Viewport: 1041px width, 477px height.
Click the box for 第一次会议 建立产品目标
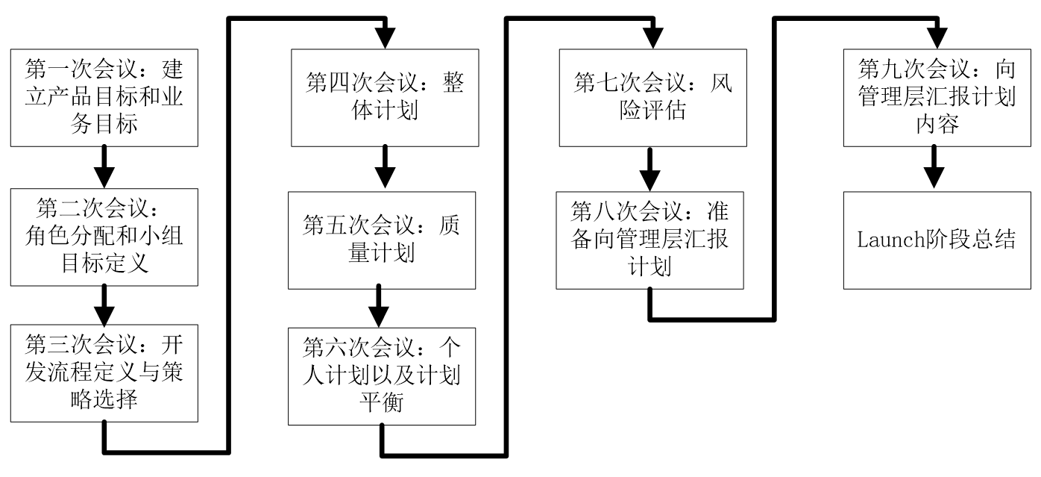(x=104, y=98)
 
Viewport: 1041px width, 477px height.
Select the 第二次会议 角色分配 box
(x=104, y=234)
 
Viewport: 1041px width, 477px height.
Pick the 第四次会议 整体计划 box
(x=384, y=98)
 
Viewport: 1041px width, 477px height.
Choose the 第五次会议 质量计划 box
(x=382, y=240)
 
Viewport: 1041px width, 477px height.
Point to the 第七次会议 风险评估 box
(x=652, y=98)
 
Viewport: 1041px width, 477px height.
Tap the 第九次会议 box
(x=937, y=98)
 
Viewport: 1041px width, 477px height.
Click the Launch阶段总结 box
(x=937, y=240)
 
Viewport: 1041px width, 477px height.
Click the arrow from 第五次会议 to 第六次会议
(x=382, y=307)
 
